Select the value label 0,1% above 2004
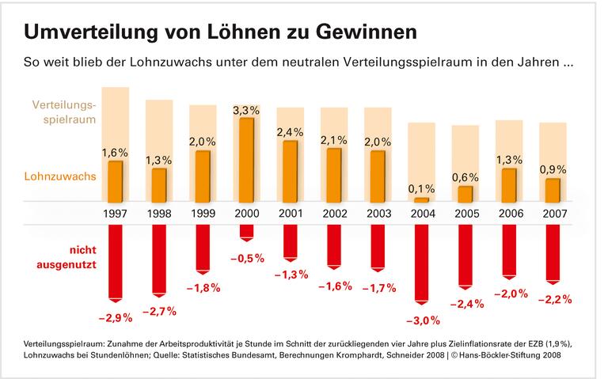click(x=421, y=188)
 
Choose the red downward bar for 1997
click(x=116, y=262)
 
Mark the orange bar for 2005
click(x=465, y=194)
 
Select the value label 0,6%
click(x=465, y=176)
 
